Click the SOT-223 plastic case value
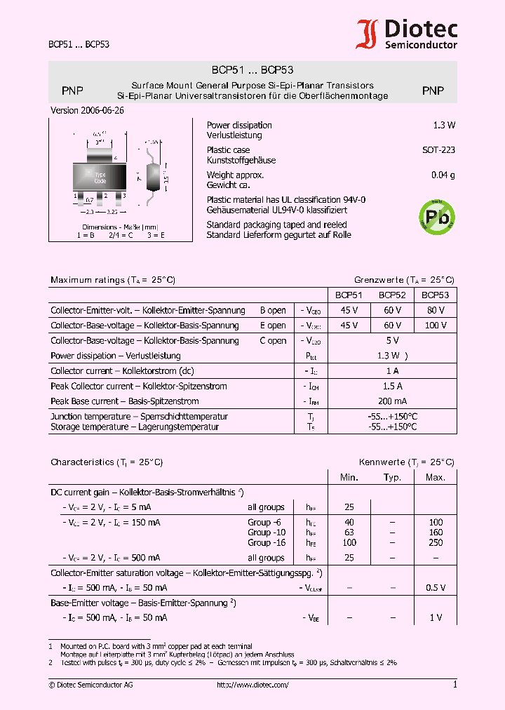[x=438, y=150]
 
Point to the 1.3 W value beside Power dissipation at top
[x=444, y=126]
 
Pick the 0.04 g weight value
[x=443, y=175]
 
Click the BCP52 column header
[x=391, y=295]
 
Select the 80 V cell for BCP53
[x=435, y=310]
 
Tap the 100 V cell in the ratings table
[x=435, y=326]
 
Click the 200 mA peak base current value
[x=391, y=401]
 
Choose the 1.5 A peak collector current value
[x=391, y=387]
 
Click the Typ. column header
[x=392, y=478]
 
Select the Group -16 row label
[x=267, y=543]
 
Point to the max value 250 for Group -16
[x=435, y=543]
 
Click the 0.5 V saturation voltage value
[x=435, y=588]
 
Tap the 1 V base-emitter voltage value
[x=436, y=618]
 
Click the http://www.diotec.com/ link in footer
[x=252, y=685]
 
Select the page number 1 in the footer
[x=454, y=685]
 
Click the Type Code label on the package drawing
[x=100, y=177]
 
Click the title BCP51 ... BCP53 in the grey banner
[x=252, y=70]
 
